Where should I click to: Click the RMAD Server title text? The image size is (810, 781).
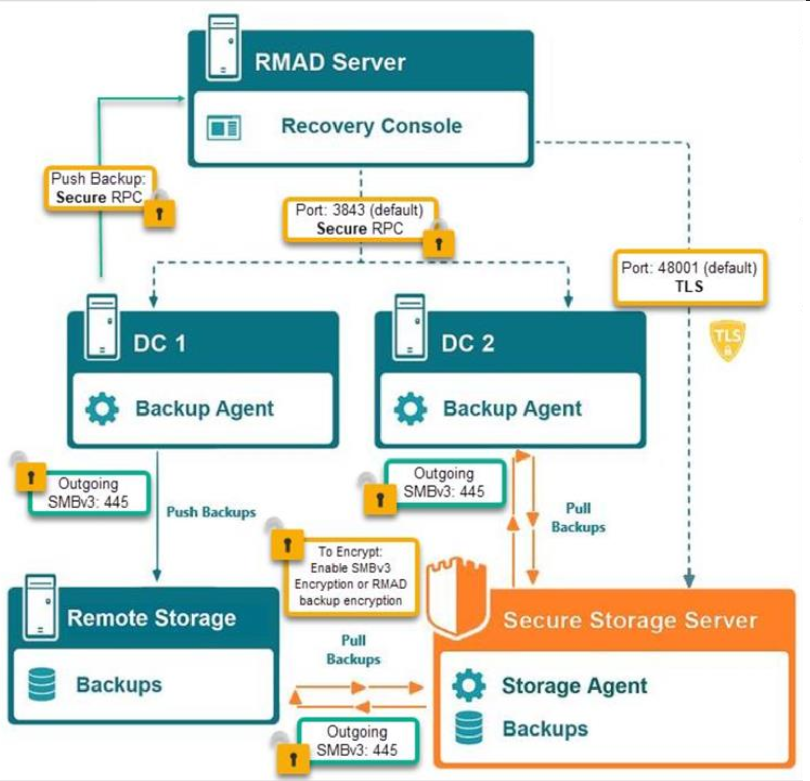coord(329,62)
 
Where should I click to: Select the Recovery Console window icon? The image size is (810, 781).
coord(224,127)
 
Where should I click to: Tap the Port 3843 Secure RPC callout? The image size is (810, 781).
coord(360,219)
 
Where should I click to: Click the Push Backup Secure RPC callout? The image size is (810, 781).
coord(99,188)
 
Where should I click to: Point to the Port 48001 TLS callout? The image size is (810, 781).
coord(689,277)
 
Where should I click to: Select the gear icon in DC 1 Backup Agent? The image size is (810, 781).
coord(103,408)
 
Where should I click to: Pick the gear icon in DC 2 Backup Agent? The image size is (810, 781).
coord(410,408)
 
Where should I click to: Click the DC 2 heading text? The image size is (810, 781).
coord(467,343)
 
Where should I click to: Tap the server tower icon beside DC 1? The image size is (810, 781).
coord(102,327)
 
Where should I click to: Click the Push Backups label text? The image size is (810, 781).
coord(211,512)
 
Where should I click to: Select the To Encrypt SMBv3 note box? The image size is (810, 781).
coord(351,576)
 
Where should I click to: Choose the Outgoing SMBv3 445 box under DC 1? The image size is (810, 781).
coord(88,493)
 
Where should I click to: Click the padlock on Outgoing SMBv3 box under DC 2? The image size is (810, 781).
coord(380,499)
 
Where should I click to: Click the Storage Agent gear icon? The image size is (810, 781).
coord(469,685)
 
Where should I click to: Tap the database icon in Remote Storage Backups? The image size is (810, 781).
coord(42,684)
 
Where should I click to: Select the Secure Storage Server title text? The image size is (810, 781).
coord(630,620)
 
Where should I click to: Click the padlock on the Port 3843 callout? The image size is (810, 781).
coord(439,244)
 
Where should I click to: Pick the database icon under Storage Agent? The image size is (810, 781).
coord(469,727)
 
